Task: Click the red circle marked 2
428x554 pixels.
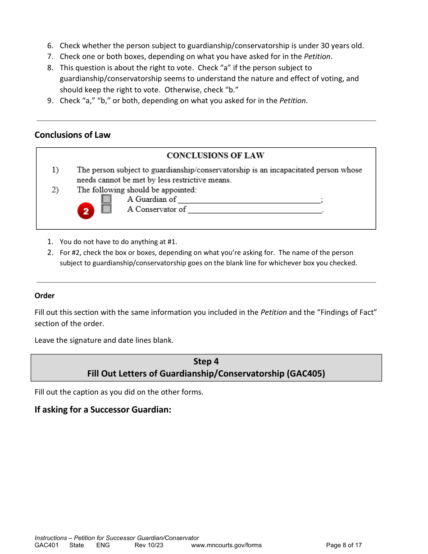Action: [x=86, y=211]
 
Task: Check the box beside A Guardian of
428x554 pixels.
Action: [x=106, y=199]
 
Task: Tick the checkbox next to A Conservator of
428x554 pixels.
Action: [x=106, y=209]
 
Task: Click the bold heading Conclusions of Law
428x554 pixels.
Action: [x=73, y=135]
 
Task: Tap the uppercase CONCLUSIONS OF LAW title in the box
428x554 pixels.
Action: [x=215, y=156]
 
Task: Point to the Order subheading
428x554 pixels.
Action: [x=45, y=295]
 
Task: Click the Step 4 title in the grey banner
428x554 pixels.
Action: [x=206, y=361]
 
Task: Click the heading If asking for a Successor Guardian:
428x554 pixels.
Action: [x=103, y=410]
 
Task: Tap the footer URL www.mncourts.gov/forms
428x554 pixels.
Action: [x=226, y=545]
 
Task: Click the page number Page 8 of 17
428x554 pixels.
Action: [x=344, y=545]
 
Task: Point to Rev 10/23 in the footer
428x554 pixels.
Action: [x=149, y=545]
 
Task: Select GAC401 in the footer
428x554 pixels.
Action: [x=46, y=545]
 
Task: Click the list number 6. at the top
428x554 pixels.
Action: [x=50, y=45]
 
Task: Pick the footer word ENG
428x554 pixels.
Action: [x=103, y=545]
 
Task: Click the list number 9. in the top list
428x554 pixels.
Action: [x=50, y=100]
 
